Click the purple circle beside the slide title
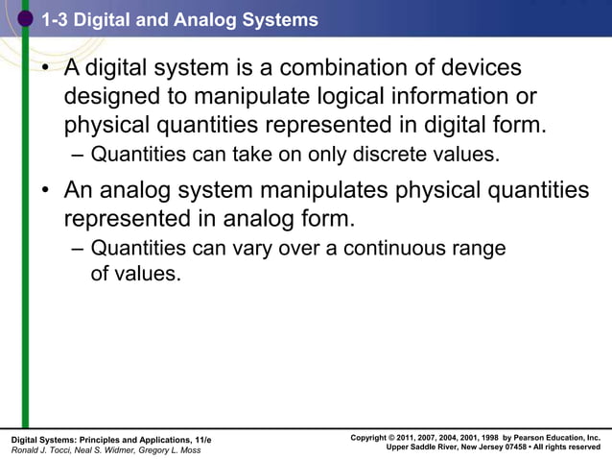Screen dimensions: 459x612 (x=26, y=19)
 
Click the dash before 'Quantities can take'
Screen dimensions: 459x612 (x=77, y=155)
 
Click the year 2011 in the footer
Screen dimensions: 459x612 (x=414, y=438)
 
